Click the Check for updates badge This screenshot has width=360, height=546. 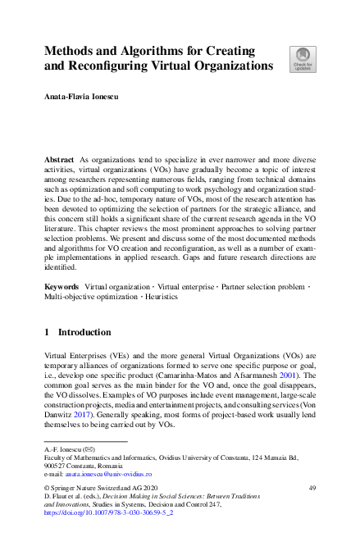pos(302,58)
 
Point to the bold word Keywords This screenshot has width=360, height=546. pos(62,287)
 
